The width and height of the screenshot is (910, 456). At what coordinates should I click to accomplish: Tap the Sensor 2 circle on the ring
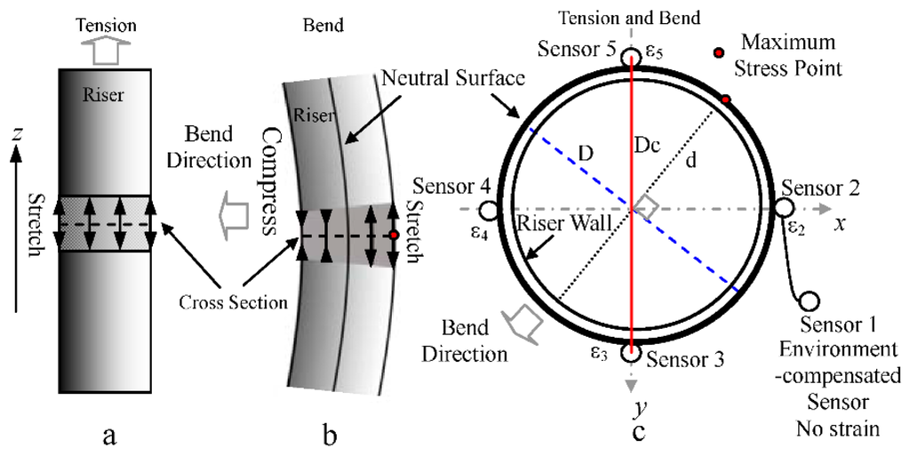point(784,207)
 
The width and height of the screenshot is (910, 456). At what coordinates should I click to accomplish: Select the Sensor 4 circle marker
point(487,210)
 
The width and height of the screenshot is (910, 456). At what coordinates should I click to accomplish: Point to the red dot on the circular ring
point(727,100)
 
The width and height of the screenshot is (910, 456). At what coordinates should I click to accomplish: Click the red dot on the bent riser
point(393,236)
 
